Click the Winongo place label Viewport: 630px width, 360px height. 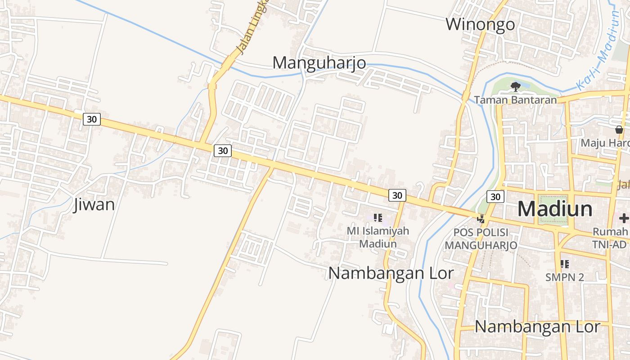(x=480, y=24)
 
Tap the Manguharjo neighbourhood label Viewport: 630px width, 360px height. (x=319, y=63)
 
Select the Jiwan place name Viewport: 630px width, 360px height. (x=94, y=205)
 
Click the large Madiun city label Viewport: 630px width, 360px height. (x=555, y=209)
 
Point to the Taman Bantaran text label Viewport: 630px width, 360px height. (x=515, y=100)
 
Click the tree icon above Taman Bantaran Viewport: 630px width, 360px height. (x=516, y=86)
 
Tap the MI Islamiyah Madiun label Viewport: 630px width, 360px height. (x=378, y=237)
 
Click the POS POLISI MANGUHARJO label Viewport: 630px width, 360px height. (x=481, y=239)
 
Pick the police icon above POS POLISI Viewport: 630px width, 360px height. (x=481, y=219)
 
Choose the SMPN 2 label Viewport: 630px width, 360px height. (x=565, y=277)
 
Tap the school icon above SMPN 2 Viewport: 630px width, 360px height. (x=565, y=264)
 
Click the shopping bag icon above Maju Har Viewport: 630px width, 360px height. (x=619, y=130)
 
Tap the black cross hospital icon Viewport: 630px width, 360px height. (x=624, y=218)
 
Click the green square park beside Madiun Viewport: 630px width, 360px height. (x=553, y=210)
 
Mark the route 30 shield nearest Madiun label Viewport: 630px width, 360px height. (x=495, y=197)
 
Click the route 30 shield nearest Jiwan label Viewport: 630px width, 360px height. (x=92, y=119)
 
